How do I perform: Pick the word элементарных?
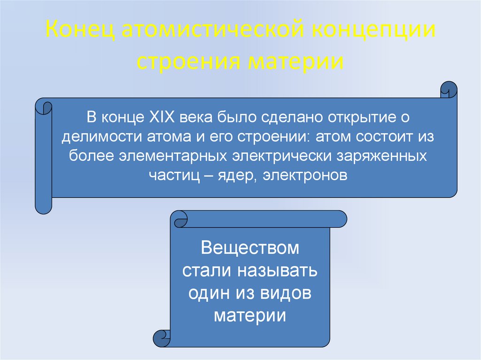[x=177, y=155]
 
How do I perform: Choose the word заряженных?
[x=382, y=155]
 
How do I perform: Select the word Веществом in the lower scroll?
[x=249, y=248]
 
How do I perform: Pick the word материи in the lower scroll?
[x=249, y=315]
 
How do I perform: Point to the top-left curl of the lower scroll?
[x=179, y=219]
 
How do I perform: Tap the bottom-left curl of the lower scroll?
[x=162, y=337]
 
